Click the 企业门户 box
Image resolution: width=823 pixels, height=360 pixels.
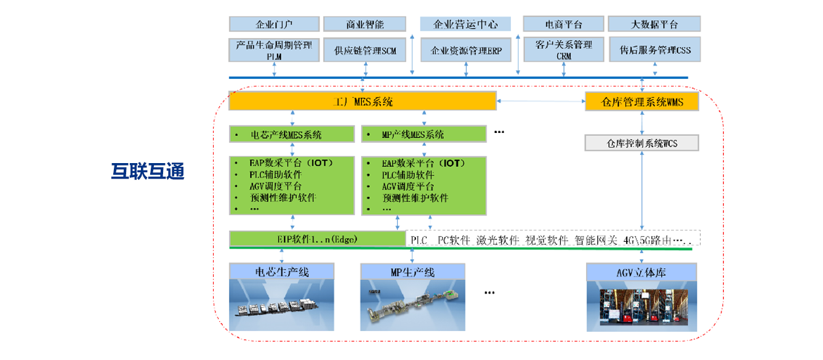[274, 24]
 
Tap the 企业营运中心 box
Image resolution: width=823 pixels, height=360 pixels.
[465, 24]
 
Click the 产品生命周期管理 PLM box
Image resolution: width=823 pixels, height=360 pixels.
[274, 50]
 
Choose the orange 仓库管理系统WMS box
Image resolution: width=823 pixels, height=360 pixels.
[642, 102]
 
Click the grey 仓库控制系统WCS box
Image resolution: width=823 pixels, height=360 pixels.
[642, 143]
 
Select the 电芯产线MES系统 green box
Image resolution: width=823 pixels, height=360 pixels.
[292, 134]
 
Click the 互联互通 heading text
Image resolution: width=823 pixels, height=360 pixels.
[148, 171]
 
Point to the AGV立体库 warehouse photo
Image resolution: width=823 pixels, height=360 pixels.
[641, 306]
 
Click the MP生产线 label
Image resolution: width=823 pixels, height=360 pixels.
[412, 271]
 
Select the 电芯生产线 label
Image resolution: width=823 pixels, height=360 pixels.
[281, 271]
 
